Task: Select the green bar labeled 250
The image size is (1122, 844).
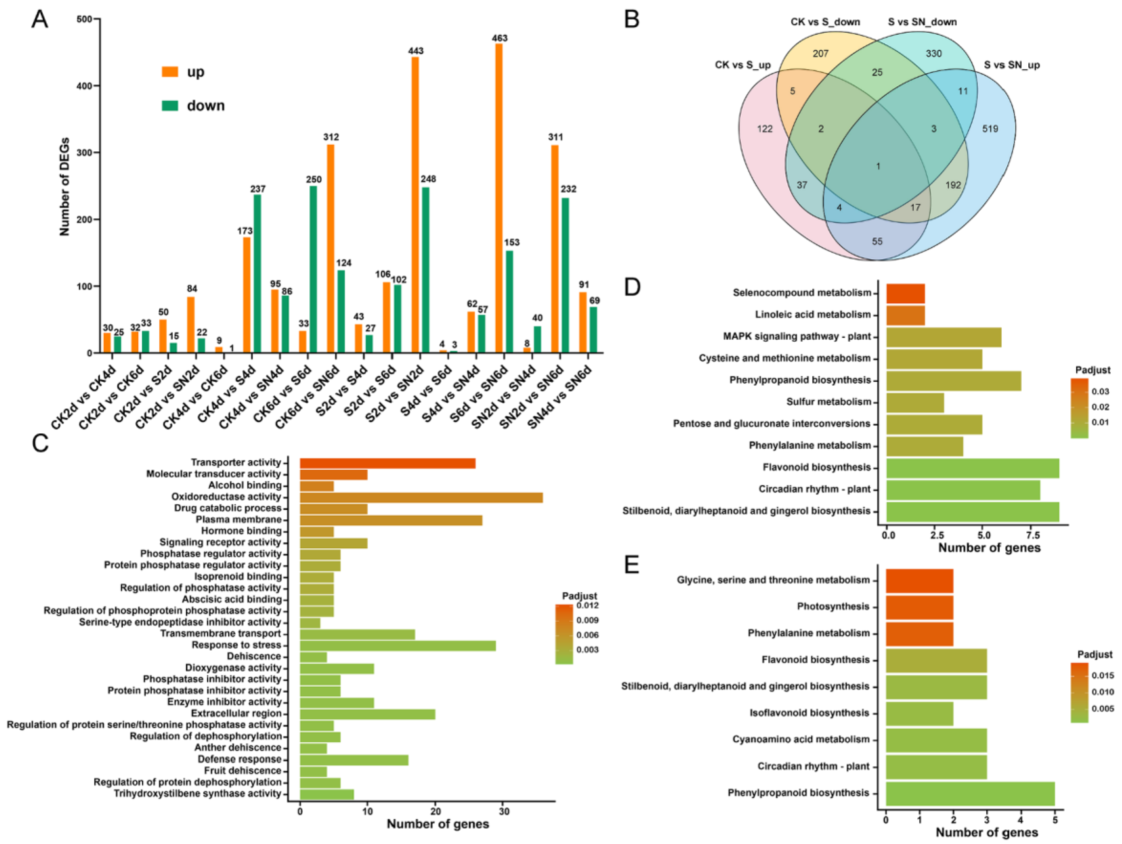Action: pos(313,269)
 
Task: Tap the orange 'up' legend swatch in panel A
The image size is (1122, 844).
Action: pos(170,71)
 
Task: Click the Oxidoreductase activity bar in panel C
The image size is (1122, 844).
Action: pos(421,497)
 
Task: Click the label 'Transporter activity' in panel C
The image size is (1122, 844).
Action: pos(235,462)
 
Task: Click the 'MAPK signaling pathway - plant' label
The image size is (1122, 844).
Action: pos(796,336)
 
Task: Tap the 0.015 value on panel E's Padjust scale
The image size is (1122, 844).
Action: pos(1103,675)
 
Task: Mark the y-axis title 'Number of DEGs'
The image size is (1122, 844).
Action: pos(64,187)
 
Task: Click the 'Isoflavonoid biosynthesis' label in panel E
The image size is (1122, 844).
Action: pos(809,713)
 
